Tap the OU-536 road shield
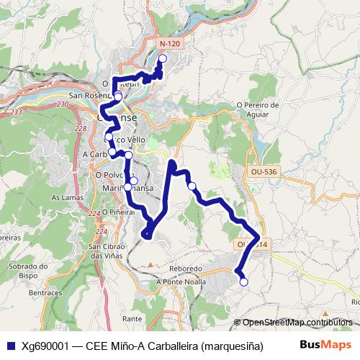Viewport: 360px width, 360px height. click(x=264, y=172)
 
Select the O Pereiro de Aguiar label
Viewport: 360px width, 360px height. click(x=257, y=109)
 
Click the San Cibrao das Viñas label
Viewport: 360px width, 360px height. click(x=109, y=252)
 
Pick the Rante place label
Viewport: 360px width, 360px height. click(x=132, y=318)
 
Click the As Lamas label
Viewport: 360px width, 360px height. click(x=65, y=197)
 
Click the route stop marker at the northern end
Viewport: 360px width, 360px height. click(x=162, y=58)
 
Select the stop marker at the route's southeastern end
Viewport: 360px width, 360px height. click(x=243, y=282)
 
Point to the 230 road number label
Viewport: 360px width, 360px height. click(x=63, y=104)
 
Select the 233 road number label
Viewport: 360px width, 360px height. click(x=17, y=112)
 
